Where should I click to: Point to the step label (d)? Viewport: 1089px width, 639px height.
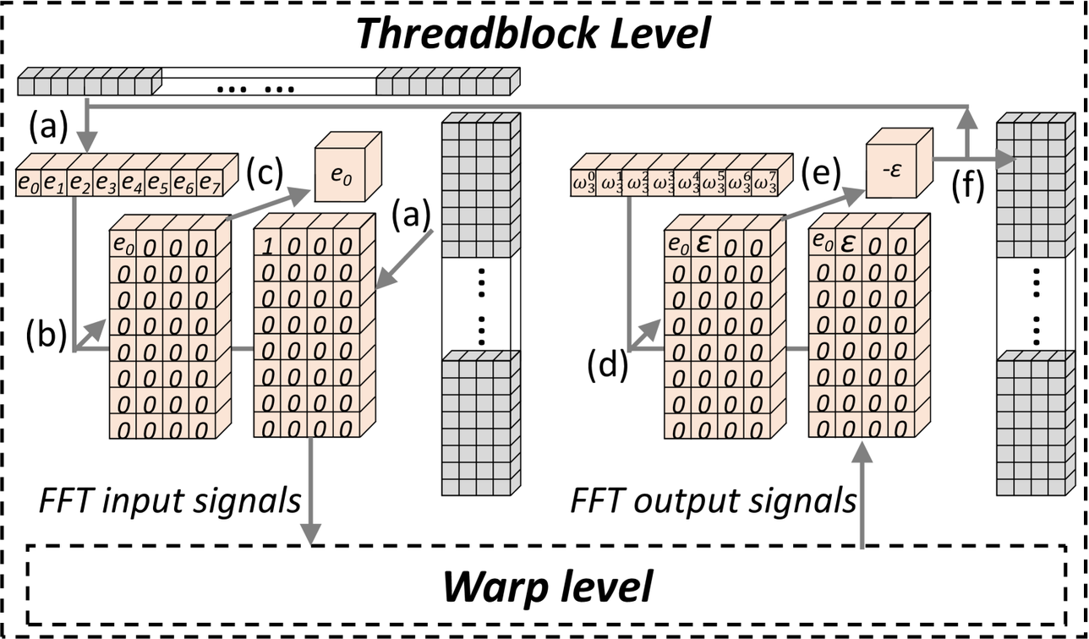click(x=606, y=368)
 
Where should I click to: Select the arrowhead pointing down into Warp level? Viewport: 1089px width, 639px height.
click(x=312, y=534)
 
